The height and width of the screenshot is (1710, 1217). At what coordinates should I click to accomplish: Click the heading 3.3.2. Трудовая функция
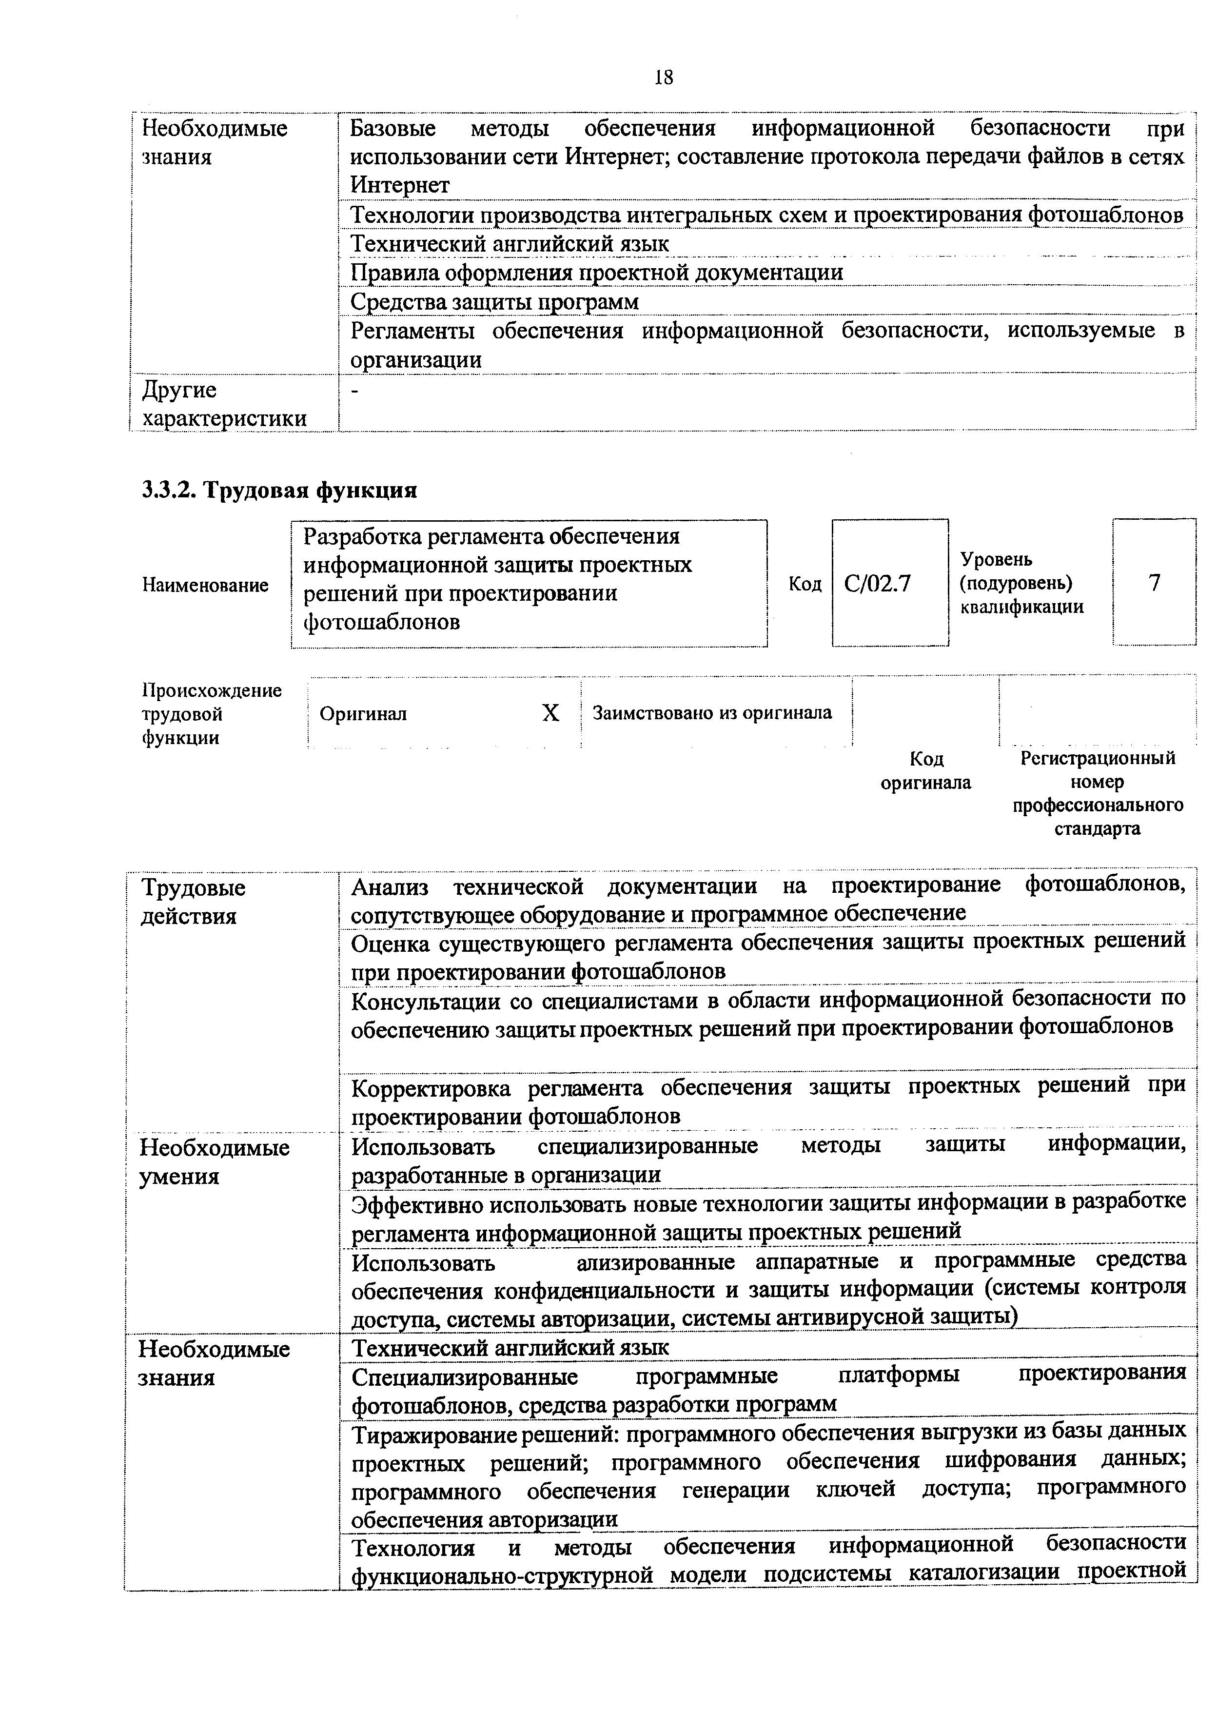tap(279, 490)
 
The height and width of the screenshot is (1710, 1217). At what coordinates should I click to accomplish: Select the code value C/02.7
tap(877, 583)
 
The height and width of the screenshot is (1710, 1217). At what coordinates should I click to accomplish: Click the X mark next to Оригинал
tap(551, 713)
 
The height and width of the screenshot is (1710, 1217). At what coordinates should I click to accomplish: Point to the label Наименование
tap(205, 585)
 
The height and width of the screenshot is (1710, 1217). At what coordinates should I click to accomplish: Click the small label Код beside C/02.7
tap(805, 584)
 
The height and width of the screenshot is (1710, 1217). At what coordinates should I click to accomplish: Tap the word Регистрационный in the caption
tap(1098, 758)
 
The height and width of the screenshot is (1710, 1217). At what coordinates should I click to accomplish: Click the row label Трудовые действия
tap(194, 902)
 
